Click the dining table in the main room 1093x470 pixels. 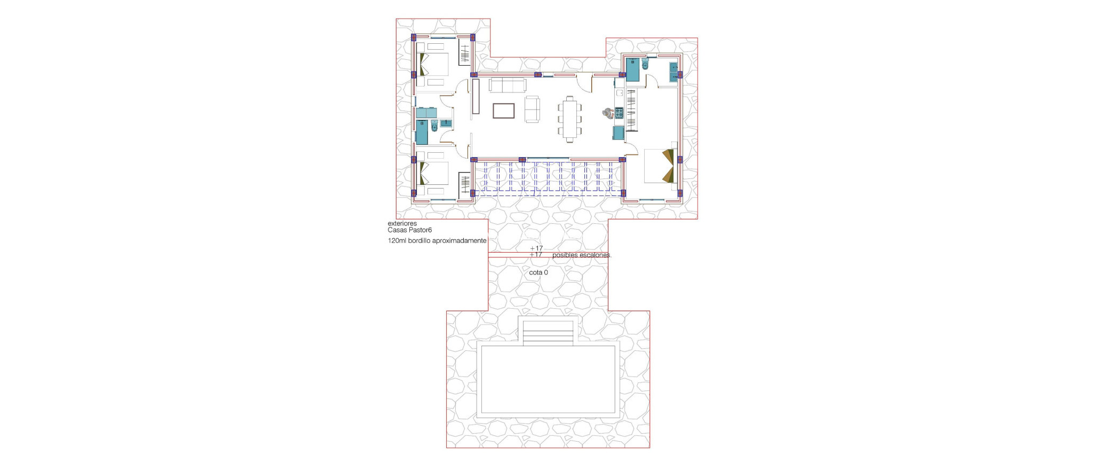(570, 118)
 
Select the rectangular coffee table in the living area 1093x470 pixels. (503, 111)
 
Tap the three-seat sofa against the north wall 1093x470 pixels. (507, 85)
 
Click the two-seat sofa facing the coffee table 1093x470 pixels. (532, 109)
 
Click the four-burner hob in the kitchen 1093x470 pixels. (619, 113)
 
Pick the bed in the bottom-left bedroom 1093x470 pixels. (434, 173)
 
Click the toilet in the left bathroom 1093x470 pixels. (434, 126)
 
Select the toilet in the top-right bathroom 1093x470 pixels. (645, 66)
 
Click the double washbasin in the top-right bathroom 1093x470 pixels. (674, 72)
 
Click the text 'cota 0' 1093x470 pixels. (538, 272)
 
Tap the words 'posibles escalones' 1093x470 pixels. (581, 255)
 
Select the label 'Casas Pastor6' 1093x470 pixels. (409, 230)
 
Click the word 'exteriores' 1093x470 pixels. (402, 223)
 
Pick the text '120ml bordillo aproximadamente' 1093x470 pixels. (437, 241)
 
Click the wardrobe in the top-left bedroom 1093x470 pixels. (465, 53)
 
